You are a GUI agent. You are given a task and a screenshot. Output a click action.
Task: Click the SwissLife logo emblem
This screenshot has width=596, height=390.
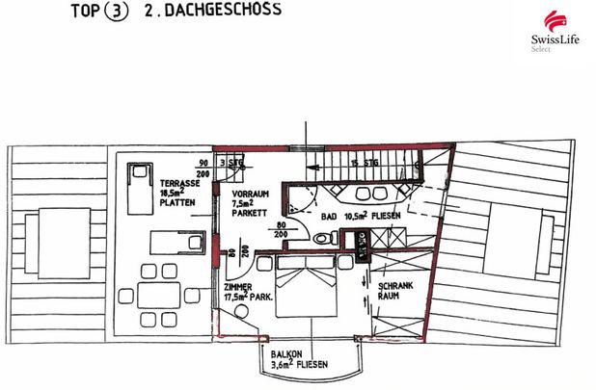click(553, 20)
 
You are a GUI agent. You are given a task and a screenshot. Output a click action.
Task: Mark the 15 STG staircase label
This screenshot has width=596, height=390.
click(364, 162)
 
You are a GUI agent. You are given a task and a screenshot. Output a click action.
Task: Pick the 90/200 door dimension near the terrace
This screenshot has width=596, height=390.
click(203, 168)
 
